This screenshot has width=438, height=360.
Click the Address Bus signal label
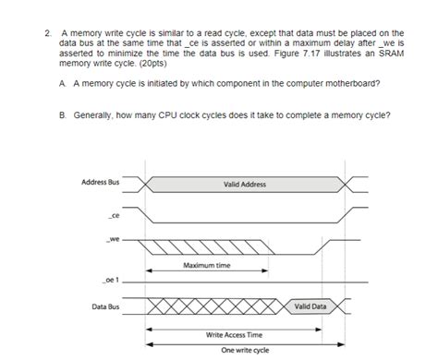pos(100,183)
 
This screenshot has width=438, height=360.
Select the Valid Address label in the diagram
pos(245,185)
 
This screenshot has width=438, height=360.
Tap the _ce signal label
pos(113,216)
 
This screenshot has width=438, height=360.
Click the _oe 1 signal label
pos(112,277)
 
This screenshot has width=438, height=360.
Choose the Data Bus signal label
pos(104,305)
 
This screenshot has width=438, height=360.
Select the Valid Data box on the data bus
pos(310,306)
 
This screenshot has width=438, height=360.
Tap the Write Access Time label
pos(234,334)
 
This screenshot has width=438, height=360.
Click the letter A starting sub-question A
pos(61,83)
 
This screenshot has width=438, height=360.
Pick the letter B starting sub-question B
pos(61,115)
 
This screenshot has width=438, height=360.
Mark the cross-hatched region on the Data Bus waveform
pos(213,306)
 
